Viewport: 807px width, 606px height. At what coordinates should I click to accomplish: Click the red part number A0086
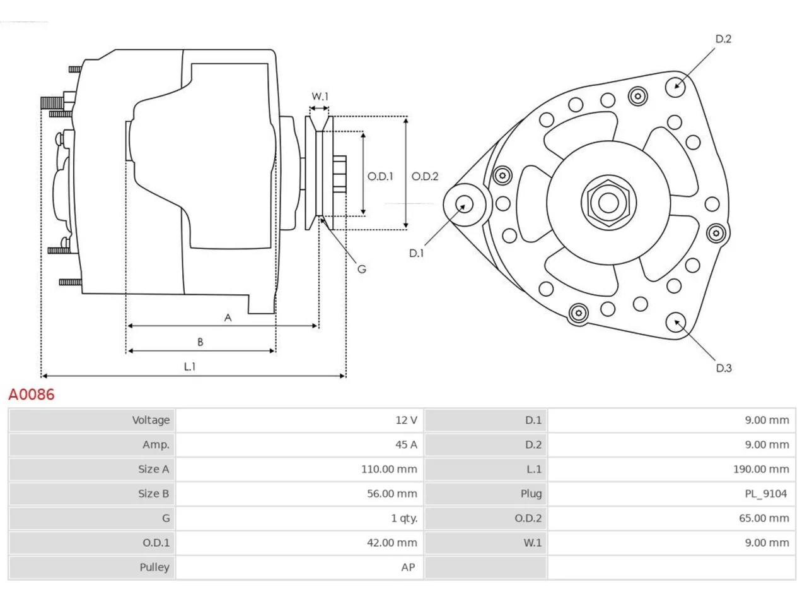(x=32, y=395)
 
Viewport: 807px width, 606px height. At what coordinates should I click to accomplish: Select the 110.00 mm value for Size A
(x=389, y=469)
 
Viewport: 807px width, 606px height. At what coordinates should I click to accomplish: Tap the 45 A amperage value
(x=406, y=444)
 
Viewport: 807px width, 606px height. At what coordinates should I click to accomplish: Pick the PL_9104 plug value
(x=766, y=494)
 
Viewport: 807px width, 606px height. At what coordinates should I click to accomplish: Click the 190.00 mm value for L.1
(x=761, y=469)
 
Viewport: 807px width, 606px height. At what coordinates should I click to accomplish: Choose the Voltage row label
(x=151, y=420)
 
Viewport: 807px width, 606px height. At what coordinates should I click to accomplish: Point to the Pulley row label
(x=154, y=567)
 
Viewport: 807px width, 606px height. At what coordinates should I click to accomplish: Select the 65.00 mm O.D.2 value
(x=764, y=518)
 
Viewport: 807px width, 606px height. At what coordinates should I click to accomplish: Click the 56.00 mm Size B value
(x=392, y=494)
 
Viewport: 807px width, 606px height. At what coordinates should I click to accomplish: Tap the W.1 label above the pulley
(x=320, y=97)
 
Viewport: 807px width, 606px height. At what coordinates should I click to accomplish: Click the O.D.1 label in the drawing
(x=380, y=177)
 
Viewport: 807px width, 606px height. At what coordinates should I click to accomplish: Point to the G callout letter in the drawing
(x=362, y=270)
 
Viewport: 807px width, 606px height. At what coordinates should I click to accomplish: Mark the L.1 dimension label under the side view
(x=190, y=367)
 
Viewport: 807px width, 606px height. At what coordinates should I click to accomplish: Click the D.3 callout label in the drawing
(x=724, y=368)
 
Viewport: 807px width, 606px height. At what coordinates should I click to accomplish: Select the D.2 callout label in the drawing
(x=724, y=39)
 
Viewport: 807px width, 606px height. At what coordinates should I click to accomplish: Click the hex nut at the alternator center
(x=608, y=203)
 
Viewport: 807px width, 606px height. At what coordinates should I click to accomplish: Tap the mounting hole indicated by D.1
(x=465, y=205)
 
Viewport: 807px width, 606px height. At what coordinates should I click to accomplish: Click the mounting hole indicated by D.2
(x=675, y=88)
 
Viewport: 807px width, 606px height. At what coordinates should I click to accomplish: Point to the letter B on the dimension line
(x=200, y=342)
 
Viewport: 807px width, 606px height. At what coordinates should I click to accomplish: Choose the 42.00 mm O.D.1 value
(x=392, y=543)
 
